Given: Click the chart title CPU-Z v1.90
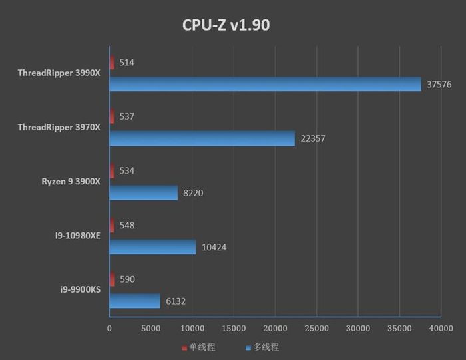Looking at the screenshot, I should pos(226,25).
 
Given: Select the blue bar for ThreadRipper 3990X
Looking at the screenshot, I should pos(265,84).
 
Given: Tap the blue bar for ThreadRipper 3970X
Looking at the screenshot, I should pos(202,138).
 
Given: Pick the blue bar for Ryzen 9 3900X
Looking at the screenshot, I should pos(143,193).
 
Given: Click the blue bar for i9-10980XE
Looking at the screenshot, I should pos(152,247).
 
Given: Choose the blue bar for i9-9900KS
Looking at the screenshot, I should pos(134,301).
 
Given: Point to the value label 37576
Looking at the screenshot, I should pos(438,84).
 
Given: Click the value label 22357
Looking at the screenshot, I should pos(312,138).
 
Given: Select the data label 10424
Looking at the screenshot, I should pos(213,247).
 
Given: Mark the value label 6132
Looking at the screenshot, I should pos(175,301).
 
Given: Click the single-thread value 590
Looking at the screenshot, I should pos(127,279).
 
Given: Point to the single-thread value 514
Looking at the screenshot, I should pos(127,63).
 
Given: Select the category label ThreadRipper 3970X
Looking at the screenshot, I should pos(59,127).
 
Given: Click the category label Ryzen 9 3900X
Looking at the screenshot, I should pos(70,181).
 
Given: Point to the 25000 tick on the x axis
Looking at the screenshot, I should pos(316,329).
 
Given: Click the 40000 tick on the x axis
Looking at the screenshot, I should pos(440,329).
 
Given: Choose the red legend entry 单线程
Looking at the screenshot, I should pos(198,347).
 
